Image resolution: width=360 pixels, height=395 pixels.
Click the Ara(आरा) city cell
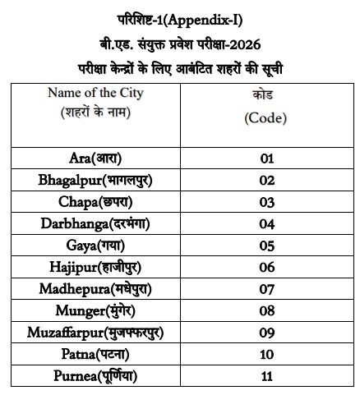point(95,157)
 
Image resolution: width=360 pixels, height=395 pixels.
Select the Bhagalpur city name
point(95,179)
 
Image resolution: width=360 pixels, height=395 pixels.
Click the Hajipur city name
point(95,267)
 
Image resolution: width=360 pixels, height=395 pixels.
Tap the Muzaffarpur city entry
point(95,333)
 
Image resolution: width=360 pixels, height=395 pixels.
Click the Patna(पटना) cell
point(95,355)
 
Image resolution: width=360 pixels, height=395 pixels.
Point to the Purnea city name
point(95,377)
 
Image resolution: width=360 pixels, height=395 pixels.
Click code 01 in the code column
point(265,157)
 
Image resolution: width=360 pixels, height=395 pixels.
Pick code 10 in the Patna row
point(265,355)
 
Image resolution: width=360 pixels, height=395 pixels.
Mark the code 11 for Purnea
point(265,377)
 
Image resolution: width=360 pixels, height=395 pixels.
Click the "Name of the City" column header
point(95,94)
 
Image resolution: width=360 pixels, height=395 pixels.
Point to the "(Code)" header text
point(265,118)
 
